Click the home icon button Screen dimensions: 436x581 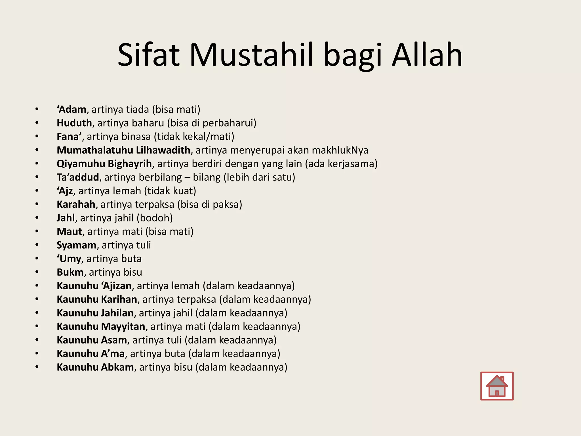click(x=497, y=386)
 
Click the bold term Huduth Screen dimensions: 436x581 click(x=74, y=123)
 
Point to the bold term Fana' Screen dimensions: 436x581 click(x=69, y=137)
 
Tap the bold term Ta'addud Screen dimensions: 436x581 click(x=78, y=177)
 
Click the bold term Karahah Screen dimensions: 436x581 click(x=76, y=204)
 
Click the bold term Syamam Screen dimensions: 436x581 click(x=76, y=245)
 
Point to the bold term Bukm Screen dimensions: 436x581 click(x=70, y=272)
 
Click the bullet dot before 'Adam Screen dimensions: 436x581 click(x=37, y=109)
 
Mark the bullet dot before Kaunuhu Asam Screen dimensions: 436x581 click(x=37, y=340)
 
